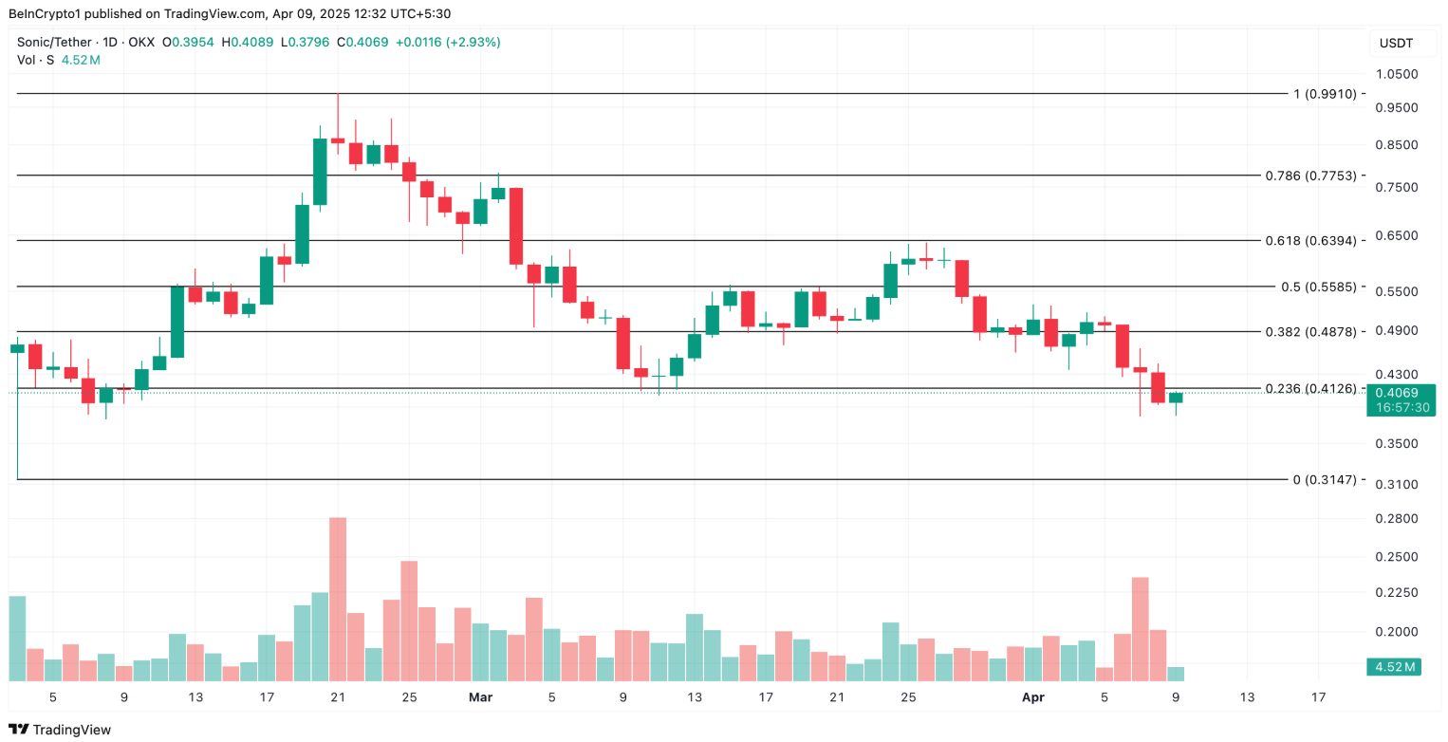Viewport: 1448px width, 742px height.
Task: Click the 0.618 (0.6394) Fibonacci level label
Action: tap(1310, 241)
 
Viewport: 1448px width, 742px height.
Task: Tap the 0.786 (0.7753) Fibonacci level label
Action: tap(1310, 176)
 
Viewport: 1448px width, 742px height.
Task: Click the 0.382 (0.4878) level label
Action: tap(1310, 332)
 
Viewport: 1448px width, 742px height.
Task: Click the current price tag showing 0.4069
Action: tap(1400, 393)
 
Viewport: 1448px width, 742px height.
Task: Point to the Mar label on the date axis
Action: tap(481, 697)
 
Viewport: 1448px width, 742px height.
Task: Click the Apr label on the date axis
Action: tap(1032, 697)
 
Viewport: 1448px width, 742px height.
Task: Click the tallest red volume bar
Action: tap(338, 598)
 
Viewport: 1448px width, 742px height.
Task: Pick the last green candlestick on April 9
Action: tap(1176, 398)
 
